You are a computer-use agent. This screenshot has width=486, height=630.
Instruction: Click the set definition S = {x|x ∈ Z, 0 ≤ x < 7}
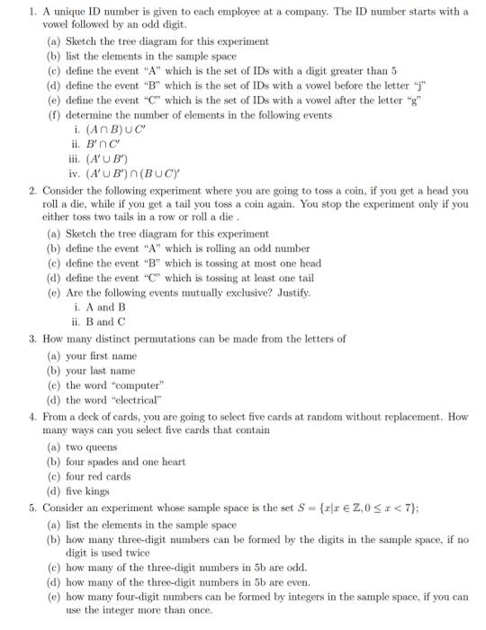pos(372,507)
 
